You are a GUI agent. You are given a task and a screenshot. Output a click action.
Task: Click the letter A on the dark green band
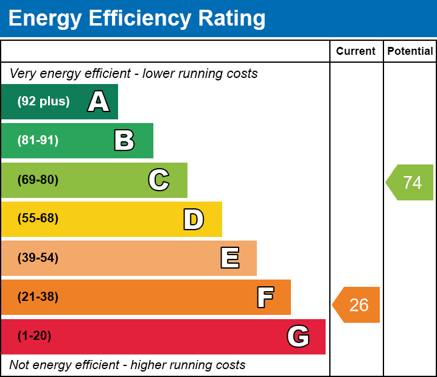coord(99,102)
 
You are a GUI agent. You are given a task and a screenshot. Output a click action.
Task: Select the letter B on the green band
coord(124,141)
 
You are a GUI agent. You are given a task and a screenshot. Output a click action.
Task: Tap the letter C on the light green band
coord(159,180)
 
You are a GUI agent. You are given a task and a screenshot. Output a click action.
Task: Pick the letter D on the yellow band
coord(194,219)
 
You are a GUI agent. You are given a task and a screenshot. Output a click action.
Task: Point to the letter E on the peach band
coord(229,258)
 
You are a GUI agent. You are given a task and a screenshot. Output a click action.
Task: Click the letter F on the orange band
coord(265,297)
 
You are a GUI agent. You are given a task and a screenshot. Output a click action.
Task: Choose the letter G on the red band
coord(298,336)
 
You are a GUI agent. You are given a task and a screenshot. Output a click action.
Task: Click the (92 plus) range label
coord(43,102)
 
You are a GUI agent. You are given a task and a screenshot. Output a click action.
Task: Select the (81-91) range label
coord(38,141)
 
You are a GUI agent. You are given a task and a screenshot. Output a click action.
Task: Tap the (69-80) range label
coord(38,180)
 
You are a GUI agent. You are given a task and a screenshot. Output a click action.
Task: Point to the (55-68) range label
coord(38,219)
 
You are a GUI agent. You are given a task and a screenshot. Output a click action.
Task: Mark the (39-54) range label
coord(38,258)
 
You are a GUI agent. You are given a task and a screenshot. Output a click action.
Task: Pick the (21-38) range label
coord(38,297)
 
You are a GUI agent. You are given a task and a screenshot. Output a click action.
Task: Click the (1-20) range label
coord(34,336)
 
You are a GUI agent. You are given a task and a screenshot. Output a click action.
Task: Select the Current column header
coord(356,52)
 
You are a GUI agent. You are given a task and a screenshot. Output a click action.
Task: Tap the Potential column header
coord(410,52)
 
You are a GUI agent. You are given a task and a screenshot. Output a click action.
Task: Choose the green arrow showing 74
coord(411,183)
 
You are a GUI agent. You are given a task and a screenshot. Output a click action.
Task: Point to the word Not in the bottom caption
coord(19,365)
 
